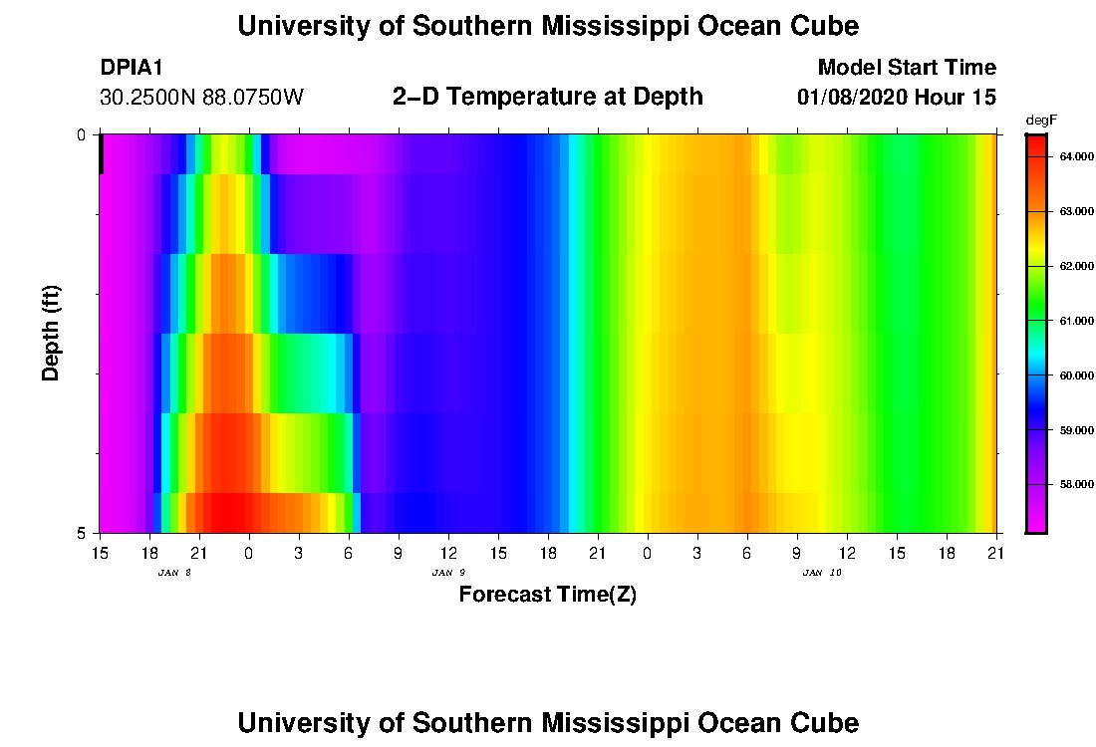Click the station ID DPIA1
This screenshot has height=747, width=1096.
pos(132,68)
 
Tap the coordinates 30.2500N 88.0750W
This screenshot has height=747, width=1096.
pos(201,98)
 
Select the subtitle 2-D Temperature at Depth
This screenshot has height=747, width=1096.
pos(547,97)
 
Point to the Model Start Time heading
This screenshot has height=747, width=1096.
pos(906,68)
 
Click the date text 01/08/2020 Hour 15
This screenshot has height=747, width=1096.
pos(896,98)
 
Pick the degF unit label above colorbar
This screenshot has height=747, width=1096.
pos(1039,121)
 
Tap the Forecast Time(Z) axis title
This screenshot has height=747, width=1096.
pos(547,596)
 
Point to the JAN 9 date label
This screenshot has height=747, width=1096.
pos(448,573)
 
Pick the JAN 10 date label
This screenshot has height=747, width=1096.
pos(821,573)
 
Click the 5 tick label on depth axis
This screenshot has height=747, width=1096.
pos(83,533)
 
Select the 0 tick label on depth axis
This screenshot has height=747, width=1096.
pos(83,134)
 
